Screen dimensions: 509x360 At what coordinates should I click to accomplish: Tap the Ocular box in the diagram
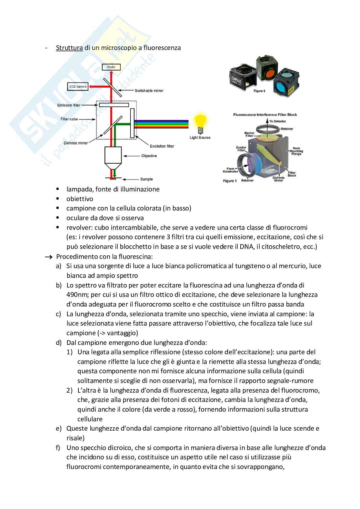pos(111,67)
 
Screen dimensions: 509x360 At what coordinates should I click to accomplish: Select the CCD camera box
pos(77,86)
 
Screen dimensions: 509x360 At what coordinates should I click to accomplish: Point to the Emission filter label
pos(69,105)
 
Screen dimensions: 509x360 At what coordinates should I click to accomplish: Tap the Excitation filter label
pos(162,146)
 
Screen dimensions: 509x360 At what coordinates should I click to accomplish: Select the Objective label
pos(149,156)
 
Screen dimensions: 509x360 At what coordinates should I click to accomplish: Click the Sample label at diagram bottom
pos(146,179)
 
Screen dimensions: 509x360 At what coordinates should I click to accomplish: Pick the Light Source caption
pos(200,138)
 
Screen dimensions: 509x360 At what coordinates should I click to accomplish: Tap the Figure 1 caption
pos(230,181)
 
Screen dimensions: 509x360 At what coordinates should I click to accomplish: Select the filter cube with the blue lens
pos(284,82)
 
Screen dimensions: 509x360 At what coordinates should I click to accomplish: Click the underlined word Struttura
pos(69,48)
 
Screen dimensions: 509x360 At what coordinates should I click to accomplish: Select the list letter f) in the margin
pos(58,448)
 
